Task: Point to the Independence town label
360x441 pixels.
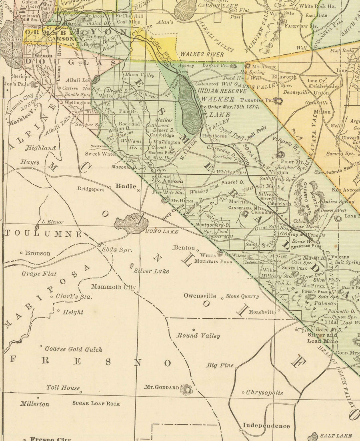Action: click(266, 426)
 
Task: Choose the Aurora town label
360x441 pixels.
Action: click(173, 181)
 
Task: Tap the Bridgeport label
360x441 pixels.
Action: click(90, 189)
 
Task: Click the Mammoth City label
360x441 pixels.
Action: click(114, 287)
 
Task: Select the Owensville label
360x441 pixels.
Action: click(200, 296)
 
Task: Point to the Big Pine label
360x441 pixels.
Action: click(220, 365)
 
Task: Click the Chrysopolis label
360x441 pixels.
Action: click(264, 393)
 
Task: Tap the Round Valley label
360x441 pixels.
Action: click(198, 336)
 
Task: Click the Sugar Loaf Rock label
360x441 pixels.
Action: click(96, 404)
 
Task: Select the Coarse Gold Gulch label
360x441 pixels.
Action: click(73, 349)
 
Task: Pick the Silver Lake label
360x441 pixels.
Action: click(151, 271)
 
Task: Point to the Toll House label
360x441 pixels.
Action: click(63, 388)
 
